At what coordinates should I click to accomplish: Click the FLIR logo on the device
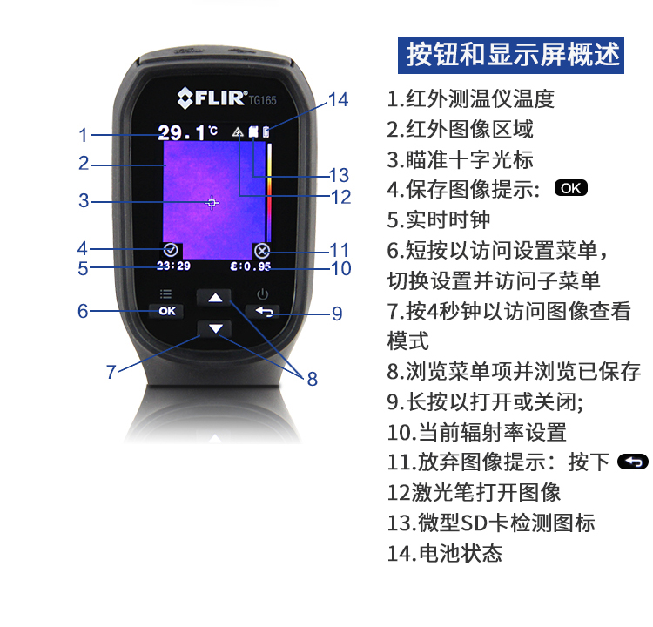pyautogui.click(x=212, y=98)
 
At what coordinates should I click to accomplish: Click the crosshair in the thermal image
pyautogui.click(x=212, y=203)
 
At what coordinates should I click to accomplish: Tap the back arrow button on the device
pyautogui.click(x=263, y=311)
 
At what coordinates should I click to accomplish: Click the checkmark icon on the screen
pyautogui.click(x=171, y=250)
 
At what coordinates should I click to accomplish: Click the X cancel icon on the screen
pyautogui.click(x=261, y=251)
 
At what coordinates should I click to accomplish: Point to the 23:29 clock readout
pyautogui.click(x=173, y=266)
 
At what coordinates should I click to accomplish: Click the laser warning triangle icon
pyautogui.click(x=238, y=132)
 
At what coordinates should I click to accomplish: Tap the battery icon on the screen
pyautogui.click(x=266, y=131)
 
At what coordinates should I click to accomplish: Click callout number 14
pyautogui.click(x=338, y=100)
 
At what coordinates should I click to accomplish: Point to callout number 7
pyautogui.click(x=111, y=372)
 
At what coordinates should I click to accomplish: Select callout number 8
pyautogui.click(x=313, y=379)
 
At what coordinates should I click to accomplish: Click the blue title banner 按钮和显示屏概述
pyautogui.click(x=510, y=55)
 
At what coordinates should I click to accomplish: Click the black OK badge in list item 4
pyautogui.click(x=571, y=188)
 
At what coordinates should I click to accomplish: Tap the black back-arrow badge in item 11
pyautogui.click(x=633, y=462)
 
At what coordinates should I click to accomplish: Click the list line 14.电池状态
pyautogui.click(x=445, y=553)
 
